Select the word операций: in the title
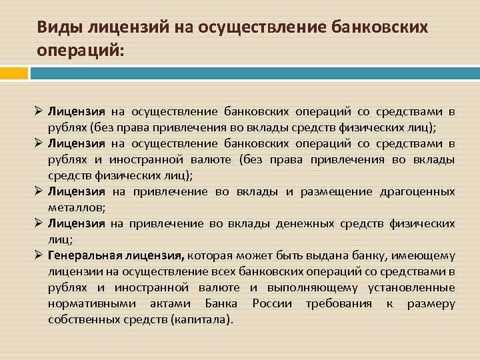point(80,51)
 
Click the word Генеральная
point(82,255)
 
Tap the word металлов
point(75,207)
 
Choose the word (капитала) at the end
point(202,319)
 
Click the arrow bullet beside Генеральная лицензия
point(39,255)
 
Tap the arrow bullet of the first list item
point(39,111)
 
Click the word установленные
point(412,287)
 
